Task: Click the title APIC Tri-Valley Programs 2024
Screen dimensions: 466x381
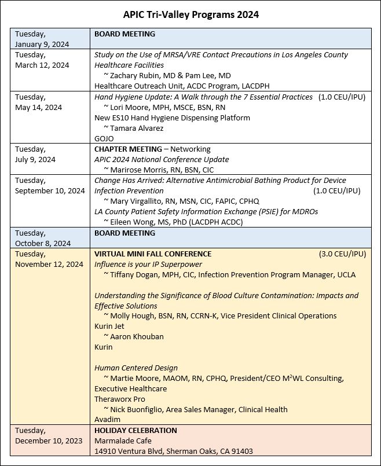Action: click(x=190, y=13)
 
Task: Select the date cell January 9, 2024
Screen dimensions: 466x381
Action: click(x=42, y=44)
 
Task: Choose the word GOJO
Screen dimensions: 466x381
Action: click(x=105, y=138)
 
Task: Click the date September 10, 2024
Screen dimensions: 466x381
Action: click(x=50, y=190)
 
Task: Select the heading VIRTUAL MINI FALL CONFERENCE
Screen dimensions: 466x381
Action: click(x=153, y=254)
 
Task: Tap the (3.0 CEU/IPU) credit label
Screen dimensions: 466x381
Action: click(x=342, y=254)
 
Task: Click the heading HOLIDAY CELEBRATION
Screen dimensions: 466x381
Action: click(x=135, y=430)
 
